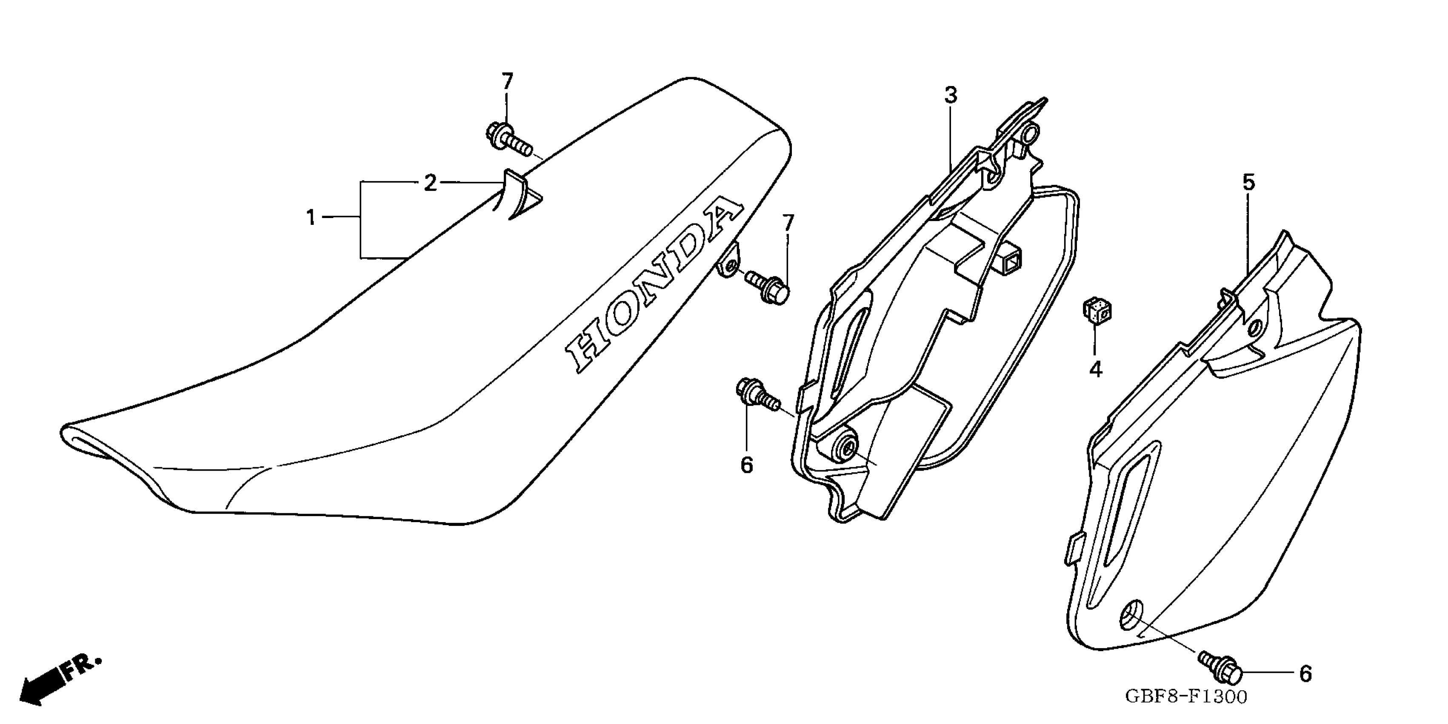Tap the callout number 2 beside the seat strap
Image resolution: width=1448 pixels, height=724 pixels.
(430, 183)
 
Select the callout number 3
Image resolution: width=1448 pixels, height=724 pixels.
(950, 96)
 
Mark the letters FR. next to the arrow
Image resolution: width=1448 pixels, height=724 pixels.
(82, 668)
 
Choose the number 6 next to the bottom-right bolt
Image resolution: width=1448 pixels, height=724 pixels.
(1305, 673)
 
